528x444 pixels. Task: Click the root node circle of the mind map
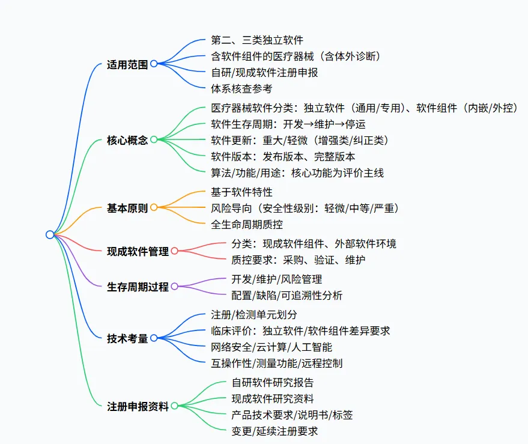50,235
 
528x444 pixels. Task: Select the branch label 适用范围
127,64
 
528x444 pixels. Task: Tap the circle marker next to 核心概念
154,140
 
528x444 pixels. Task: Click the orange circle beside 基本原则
154,207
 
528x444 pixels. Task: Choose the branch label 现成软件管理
138,252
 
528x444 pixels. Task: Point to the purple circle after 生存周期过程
174,287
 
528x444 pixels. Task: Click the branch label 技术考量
127,338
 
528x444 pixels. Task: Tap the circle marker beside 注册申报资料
174,406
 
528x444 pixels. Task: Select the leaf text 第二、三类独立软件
257,40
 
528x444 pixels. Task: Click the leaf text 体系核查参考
241,89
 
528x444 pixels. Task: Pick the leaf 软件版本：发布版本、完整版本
283,156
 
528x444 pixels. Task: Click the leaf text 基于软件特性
241,192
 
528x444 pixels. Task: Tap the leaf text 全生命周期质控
246,225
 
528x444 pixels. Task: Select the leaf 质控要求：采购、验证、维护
299,260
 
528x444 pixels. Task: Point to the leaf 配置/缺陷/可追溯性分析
287,295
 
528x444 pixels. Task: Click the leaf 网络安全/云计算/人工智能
272,347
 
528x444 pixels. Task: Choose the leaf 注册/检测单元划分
254,314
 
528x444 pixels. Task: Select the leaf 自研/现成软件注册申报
264,73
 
